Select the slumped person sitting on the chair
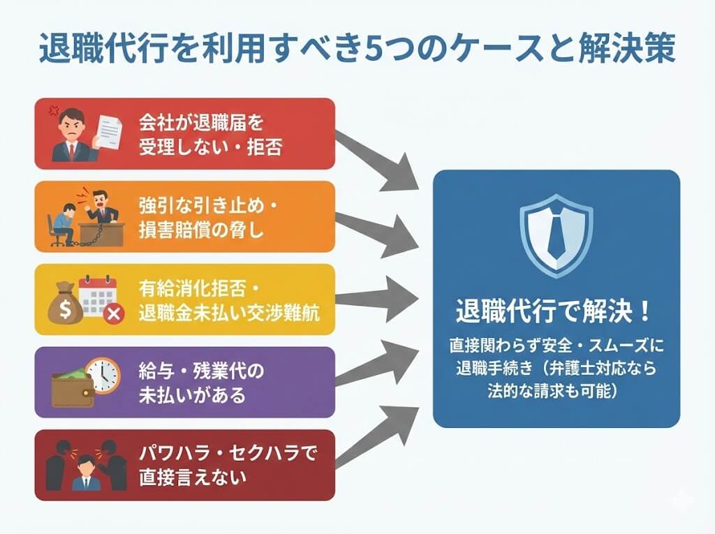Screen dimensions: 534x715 61,222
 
